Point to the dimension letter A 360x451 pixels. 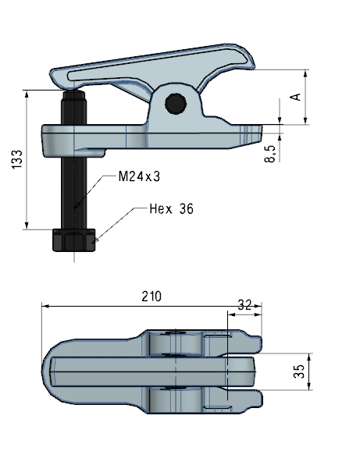295,96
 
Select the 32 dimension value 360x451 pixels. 244,305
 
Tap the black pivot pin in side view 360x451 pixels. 176,103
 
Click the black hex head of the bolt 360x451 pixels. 73,240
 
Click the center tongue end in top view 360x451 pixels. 248,371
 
